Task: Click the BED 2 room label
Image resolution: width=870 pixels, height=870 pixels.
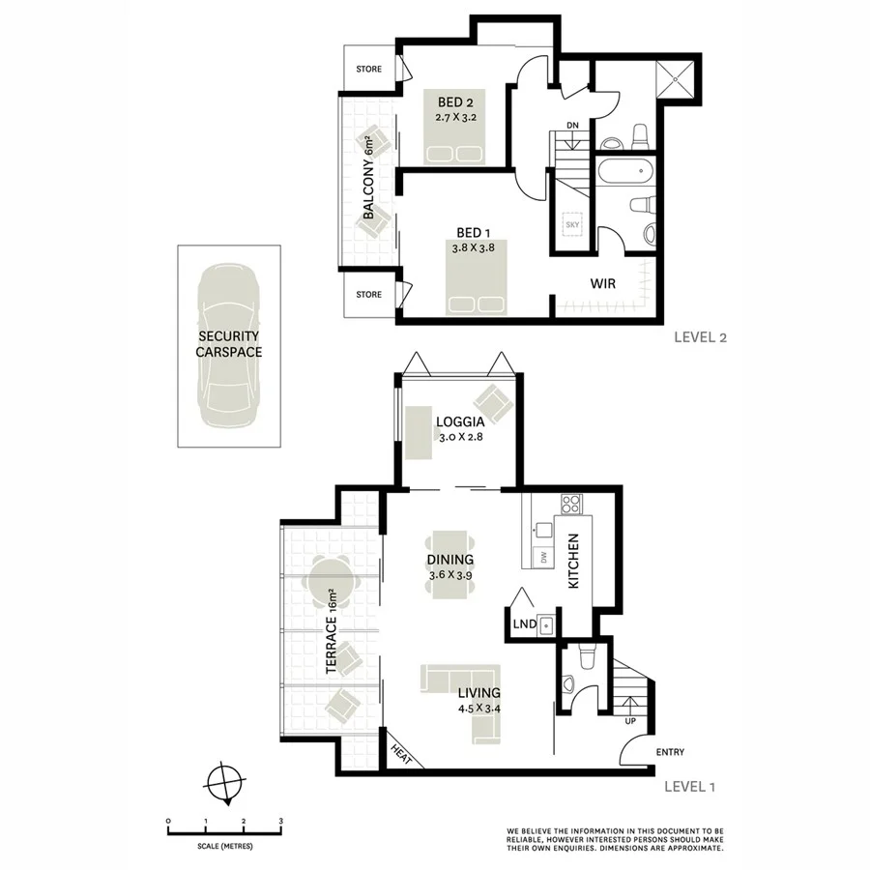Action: click(454, 102)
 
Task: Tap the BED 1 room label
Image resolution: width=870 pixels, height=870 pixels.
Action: click(474, 232)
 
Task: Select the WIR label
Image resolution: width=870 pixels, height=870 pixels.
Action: click(604, 283)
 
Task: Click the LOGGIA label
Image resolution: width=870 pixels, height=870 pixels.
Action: click(460, 421)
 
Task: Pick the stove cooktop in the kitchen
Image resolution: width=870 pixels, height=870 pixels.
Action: click(570, 504)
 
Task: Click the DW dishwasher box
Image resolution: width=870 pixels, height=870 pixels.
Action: click(544, 557)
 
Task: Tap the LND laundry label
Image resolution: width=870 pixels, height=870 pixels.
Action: click(524, 625)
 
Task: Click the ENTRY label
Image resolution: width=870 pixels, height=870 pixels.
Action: click(671, 752)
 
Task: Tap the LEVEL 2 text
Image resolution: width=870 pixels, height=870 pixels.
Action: click(700, 338)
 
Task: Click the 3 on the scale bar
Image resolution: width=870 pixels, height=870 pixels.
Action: click(280, 820)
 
